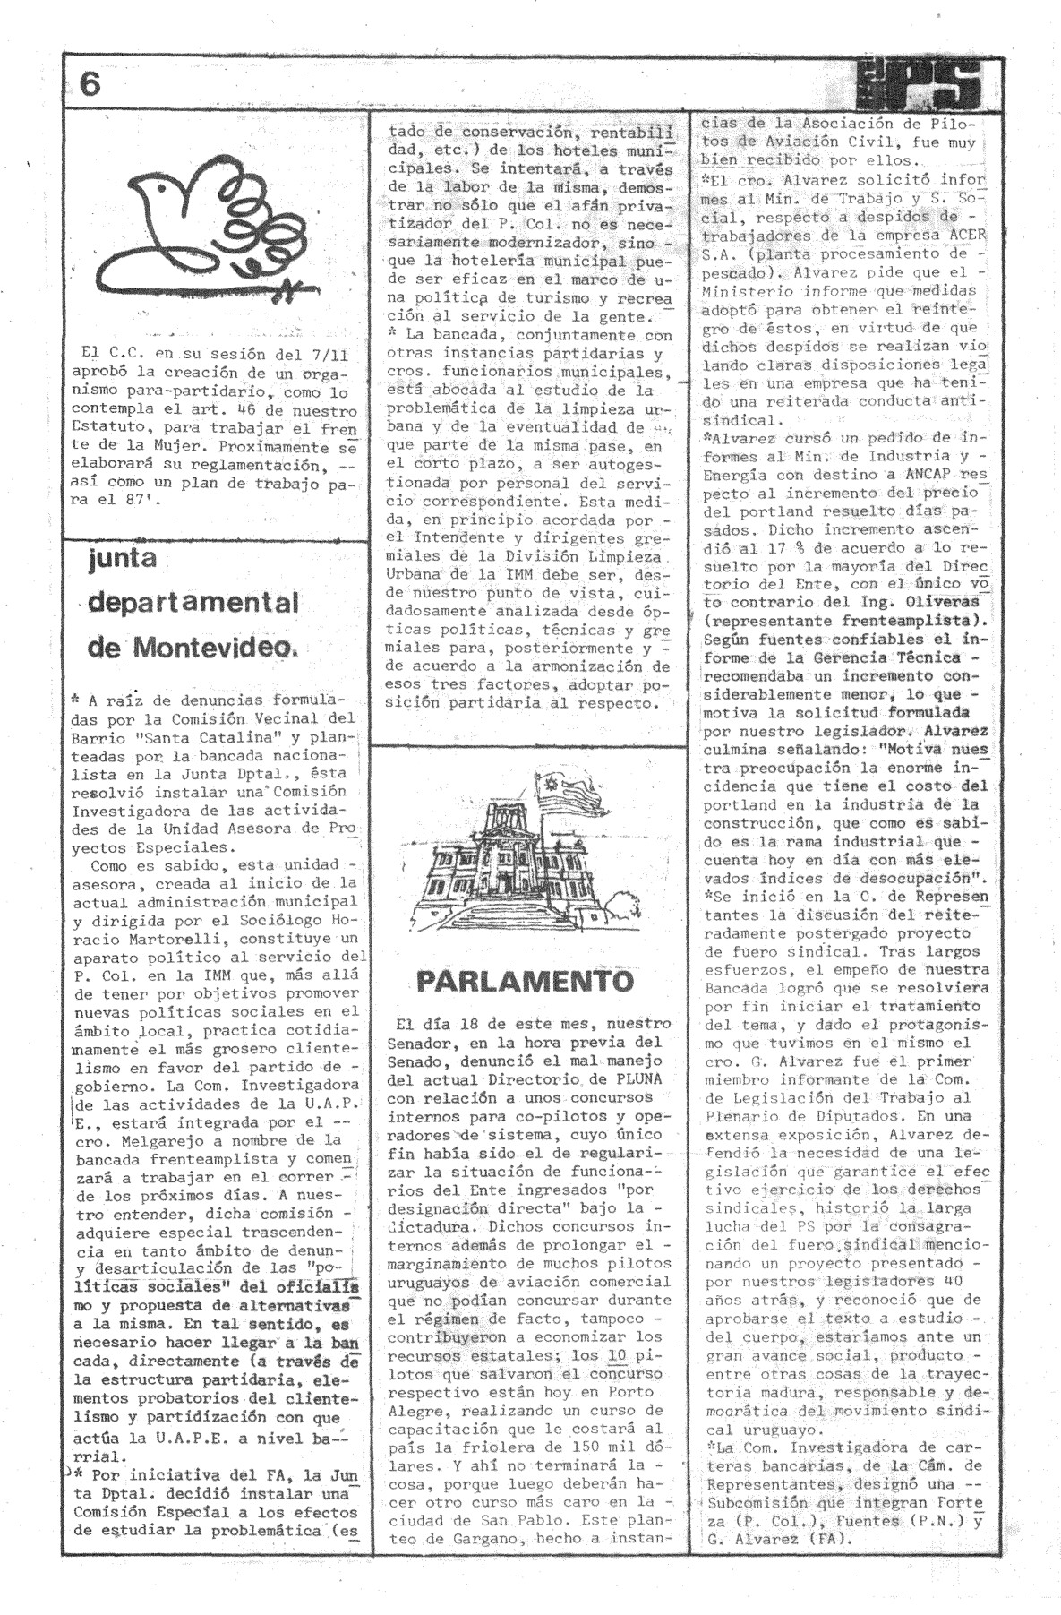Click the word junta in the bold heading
tap(123, 559)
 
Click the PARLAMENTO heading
tap(526, 981)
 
